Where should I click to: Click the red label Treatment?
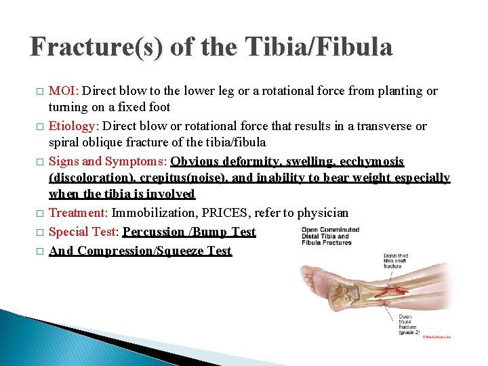click(79, 213)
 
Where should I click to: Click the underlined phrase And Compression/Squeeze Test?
click(140, 251)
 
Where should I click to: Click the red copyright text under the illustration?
click(436, 336)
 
